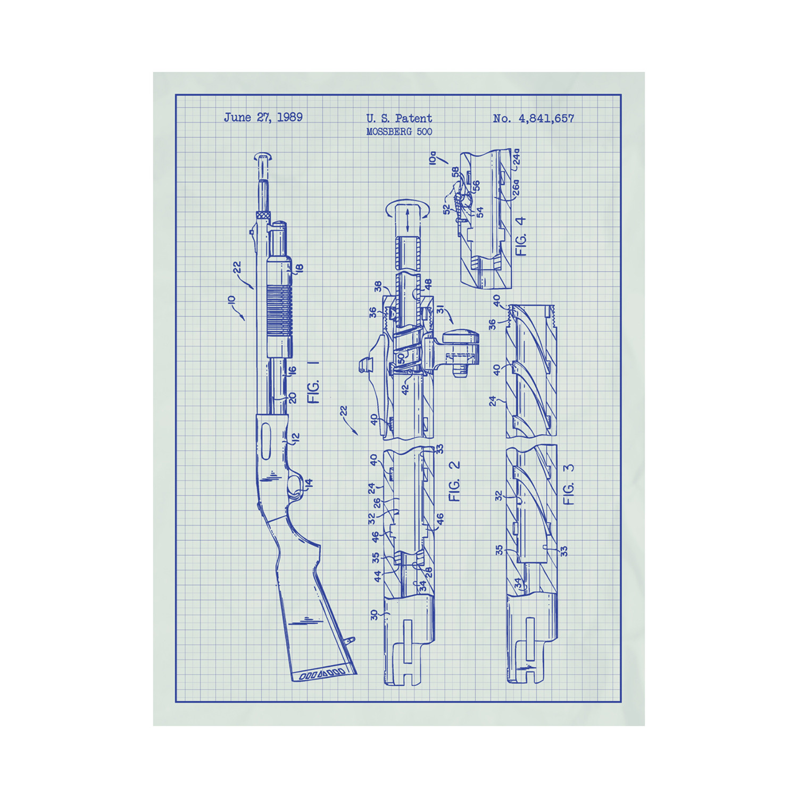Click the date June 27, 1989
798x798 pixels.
(x=263, y=118)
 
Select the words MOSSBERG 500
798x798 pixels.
(x=399, y=131)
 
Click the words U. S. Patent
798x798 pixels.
(x=399, y=118)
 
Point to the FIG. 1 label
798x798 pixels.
(x=314, y=383)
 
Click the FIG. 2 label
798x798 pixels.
(x=454, y=481)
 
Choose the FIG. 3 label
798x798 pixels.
(x=569, y=484)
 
